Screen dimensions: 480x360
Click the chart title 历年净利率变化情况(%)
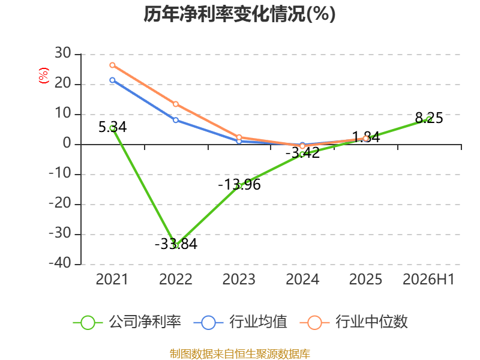239,14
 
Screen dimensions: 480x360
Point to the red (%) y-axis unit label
43,76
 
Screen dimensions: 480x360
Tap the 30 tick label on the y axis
63,53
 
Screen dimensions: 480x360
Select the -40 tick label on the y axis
60,263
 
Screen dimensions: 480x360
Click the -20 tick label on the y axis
60,203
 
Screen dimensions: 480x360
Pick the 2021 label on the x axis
112,280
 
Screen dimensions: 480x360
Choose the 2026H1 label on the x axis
428,280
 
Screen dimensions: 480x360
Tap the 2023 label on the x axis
239,280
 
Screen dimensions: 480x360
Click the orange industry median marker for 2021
112,65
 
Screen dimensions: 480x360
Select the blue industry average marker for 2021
112,80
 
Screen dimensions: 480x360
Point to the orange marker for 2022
176,104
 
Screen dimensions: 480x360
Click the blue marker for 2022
176,120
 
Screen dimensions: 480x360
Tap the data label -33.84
176,244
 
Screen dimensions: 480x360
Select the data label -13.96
239,185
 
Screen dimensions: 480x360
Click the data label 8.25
429,118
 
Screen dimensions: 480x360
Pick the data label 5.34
112,127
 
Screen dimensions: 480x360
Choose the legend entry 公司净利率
127,322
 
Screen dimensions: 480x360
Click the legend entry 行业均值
241,322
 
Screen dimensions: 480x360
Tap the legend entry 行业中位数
354,322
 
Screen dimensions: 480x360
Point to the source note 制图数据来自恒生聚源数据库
239,354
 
